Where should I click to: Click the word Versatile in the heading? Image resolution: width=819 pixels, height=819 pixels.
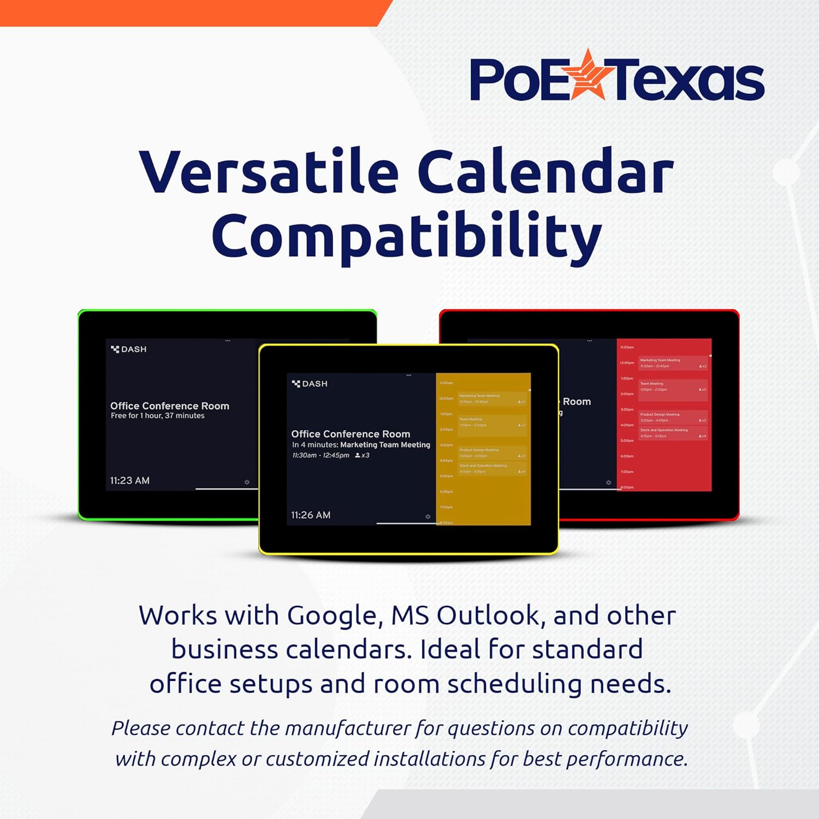point(269,172)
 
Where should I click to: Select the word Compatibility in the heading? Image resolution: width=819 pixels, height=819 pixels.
point(407,236)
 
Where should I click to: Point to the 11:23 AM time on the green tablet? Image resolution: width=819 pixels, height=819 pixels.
point(130,480)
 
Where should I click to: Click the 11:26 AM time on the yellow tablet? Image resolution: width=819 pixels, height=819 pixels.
point(311,515)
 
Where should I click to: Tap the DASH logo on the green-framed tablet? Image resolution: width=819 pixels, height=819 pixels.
point(129,349)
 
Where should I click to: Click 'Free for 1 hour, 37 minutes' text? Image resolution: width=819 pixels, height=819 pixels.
point(158,416)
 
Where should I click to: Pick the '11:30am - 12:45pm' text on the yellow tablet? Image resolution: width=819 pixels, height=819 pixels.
point(321,455)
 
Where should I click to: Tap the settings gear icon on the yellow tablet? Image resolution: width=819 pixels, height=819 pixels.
point(428,517)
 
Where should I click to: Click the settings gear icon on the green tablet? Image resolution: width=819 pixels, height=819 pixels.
point(247,482)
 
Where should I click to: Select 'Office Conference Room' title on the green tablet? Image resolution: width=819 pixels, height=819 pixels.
point(170,406)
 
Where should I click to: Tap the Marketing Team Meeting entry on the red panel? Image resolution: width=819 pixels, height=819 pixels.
point(673,363)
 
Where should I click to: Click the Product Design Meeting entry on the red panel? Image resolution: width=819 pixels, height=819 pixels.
point(673,417)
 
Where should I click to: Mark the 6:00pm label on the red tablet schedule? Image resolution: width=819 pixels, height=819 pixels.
point(627,456)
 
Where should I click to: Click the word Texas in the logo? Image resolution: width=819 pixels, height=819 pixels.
point(689,81)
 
